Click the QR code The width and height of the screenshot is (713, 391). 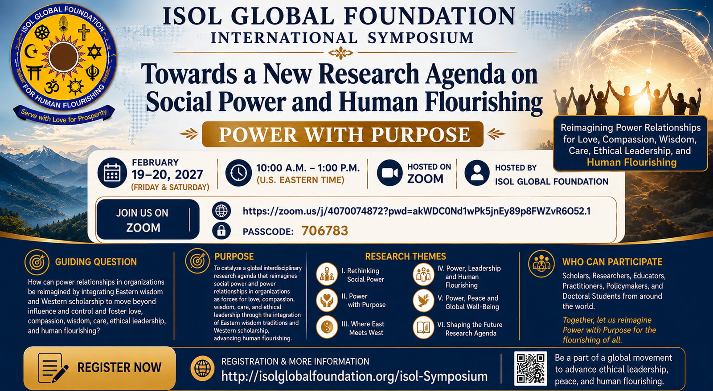[x=530, y=368]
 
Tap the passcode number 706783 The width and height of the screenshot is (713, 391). [x=325, y=231]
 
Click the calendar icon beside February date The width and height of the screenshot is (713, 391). [x=112, y=173]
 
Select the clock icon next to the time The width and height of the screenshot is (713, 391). [x=238, y=173]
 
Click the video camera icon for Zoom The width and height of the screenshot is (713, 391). [x=389, y=173]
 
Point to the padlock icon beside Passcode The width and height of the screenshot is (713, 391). [x=221, y=231]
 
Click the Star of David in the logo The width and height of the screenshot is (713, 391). [x=94, y=52]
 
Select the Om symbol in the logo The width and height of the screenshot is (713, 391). [x=52, y=86]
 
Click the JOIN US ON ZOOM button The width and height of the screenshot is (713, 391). [x=148, y=220]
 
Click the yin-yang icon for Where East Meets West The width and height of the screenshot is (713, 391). [x=327, y=327]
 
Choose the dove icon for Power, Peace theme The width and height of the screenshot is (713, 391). [x=423, y=301]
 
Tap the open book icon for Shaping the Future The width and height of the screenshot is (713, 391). [x=423, y=327]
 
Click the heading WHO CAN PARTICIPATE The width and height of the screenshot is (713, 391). [x=612, y=262]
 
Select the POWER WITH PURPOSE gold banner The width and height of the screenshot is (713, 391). [x=343, y=134]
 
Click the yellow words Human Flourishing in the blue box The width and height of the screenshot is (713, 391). [x=631, y=162]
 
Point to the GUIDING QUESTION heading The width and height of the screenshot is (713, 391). [x=96, y=262]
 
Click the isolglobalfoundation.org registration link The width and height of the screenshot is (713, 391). [x=354, y=377]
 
